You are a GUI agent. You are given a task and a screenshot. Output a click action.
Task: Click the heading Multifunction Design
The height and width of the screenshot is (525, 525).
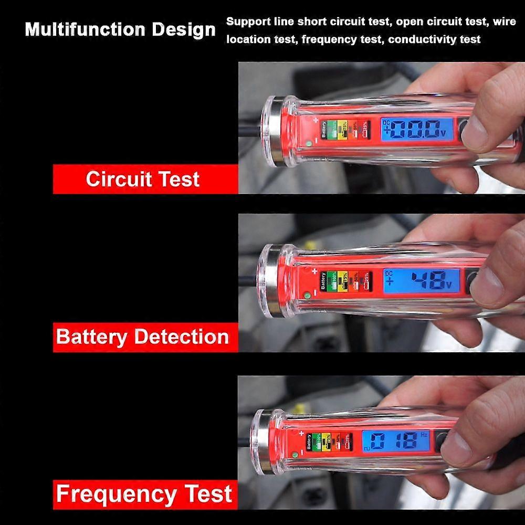click(x=120, y=29)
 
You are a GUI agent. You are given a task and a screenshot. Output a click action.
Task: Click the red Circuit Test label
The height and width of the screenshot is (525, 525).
click(x=142, y=179)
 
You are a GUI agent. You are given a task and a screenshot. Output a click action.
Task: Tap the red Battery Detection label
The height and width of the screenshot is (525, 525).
click(x=142, y=337)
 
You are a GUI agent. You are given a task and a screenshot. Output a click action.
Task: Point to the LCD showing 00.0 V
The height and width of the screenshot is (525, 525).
click(x=417, y=129)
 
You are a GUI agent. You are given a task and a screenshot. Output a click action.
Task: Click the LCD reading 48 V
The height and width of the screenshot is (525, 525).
click(x=422, y=281)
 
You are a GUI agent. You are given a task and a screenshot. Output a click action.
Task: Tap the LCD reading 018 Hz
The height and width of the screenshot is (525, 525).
click(x=396, y=440)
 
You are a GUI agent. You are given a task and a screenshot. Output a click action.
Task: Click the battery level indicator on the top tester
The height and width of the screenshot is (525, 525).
click(x=344, y=129)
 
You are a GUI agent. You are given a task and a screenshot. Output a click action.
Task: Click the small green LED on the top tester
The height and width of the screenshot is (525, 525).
click(x=309, y=143)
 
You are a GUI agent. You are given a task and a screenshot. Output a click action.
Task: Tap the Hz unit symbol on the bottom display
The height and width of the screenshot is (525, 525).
click(x=424, y=434)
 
